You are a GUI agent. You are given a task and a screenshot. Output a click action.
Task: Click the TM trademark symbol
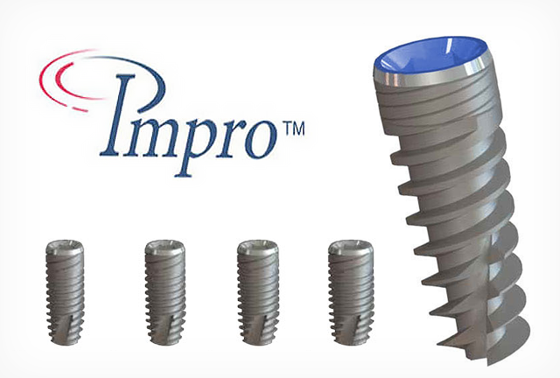coord(294,129)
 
